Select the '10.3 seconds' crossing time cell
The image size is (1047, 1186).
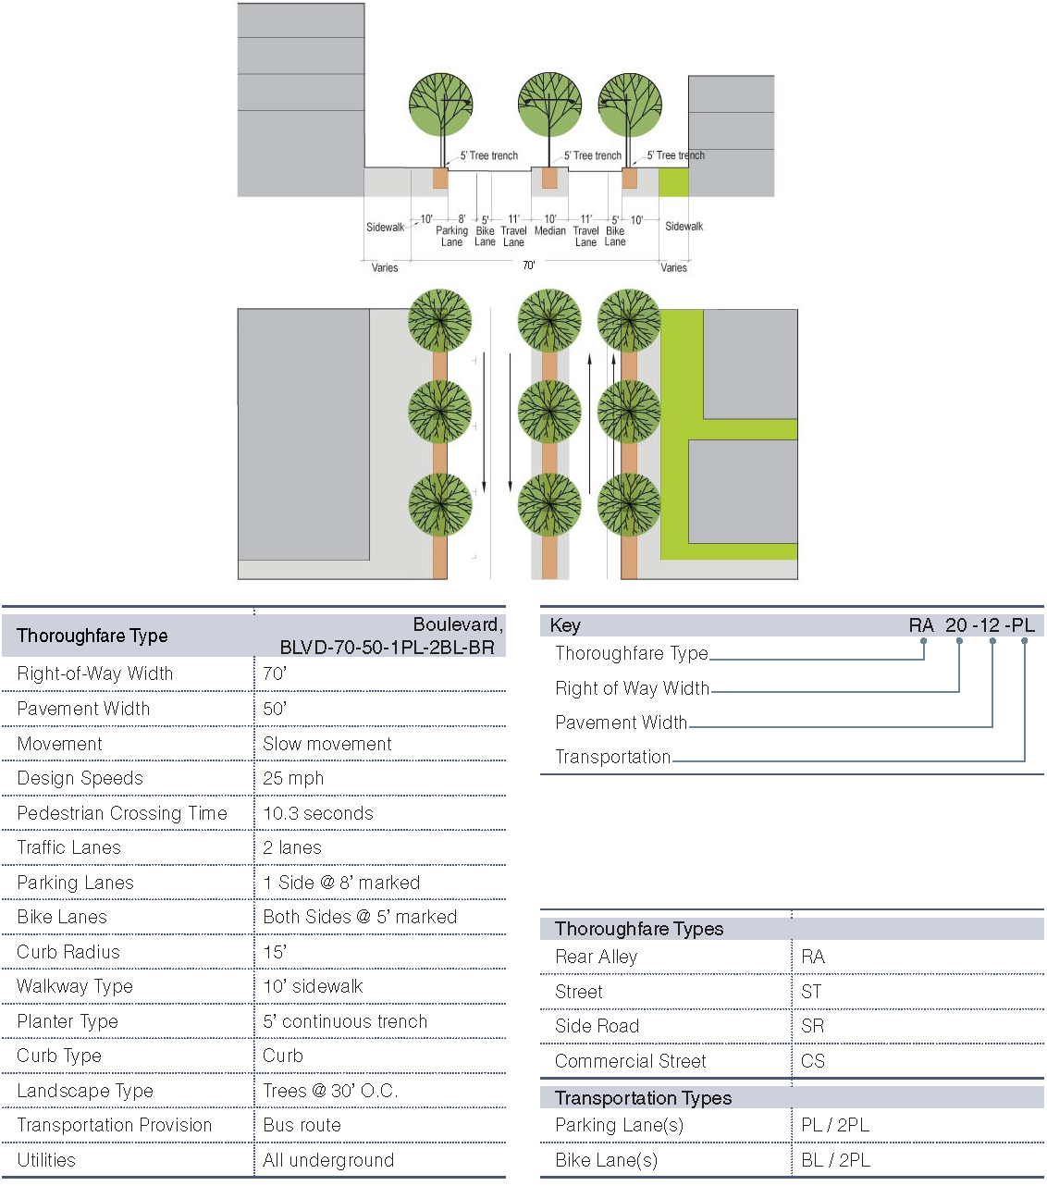(x=318, y=813)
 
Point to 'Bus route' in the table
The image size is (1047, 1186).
(x=302, y=1125)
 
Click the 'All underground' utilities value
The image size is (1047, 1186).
(x=328, y=1160)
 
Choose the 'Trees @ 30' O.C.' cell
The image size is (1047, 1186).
(x=330, y=1091)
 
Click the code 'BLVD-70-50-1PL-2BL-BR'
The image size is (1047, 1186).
(x=387, y=647)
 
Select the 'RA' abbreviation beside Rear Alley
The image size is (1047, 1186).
(x=813, y=957)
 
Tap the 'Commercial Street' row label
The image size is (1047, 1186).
(x=630, y=1061)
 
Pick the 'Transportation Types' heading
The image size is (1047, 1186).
(x=643, y=1098)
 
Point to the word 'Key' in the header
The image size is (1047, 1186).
(x=565, y=625)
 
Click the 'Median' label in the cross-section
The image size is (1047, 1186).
(x=550, y=230)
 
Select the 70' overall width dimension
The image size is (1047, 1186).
(x=528, y=266)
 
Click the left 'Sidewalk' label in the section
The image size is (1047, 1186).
(x=385, y=227)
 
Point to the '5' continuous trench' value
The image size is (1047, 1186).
(x=345, y=1021)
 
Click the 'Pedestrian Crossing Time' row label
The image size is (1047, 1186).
(x=122, y=813)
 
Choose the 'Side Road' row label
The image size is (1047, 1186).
(x=597, y=1026)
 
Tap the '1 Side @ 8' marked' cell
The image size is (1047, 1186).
(x=341, y=883)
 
